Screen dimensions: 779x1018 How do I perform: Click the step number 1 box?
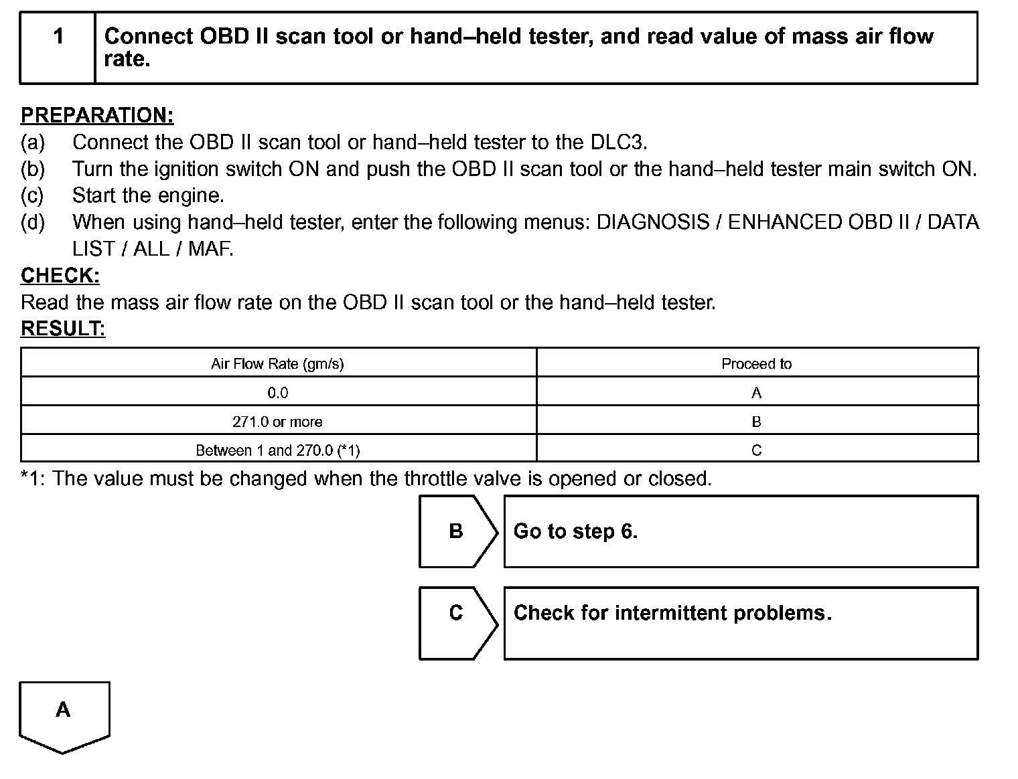coord(58,47)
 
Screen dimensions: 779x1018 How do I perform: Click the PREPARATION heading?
coord(97,115)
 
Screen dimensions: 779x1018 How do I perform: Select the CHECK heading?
coord(60,275)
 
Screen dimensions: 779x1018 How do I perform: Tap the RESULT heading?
coord(63,329)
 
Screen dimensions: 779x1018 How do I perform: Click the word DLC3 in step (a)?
coord(617,142)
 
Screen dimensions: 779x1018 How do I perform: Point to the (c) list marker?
coord(32,195)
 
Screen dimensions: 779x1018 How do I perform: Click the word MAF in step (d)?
coord(210,249)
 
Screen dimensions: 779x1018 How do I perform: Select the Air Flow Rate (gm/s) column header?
coord(277,364)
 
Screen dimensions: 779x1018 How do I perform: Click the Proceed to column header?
coord(756,364)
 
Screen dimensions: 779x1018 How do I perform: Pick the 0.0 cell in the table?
coord(277,393)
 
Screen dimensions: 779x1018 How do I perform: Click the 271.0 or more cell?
coord(277,422)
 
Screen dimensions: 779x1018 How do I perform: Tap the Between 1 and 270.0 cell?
coord(277,450)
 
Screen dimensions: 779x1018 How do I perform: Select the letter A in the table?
coord(756,393)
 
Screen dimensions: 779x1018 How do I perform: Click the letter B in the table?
coord(756,422)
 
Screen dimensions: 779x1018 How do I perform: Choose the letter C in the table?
coord(756,450)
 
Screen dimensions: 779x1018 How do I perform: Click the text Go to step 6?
coord(575,531)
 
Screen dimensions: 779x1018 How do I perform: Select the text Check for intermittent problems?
coord(672,613)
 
